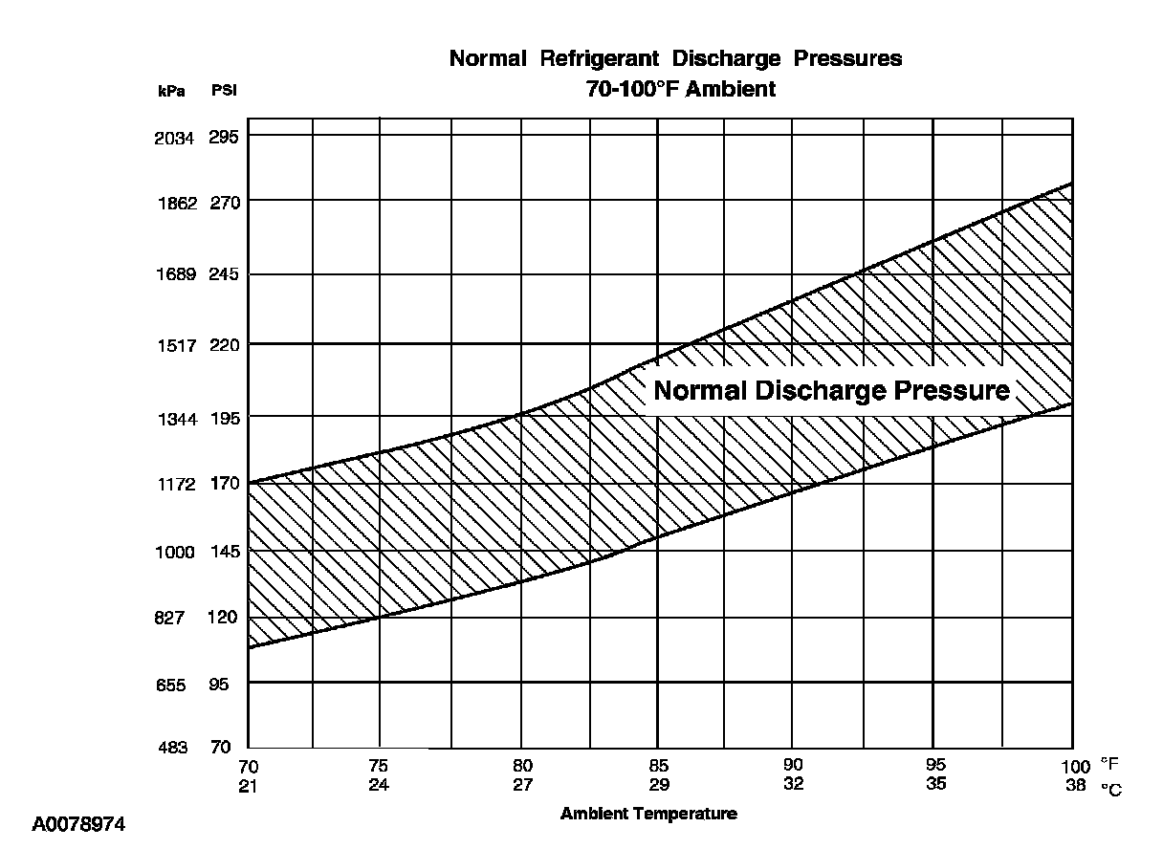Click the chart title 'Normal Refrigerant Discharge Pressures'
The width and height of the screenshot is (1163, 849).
click(x=675, y=58)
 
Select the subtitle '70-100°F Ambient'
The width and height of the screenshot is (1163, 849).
click(x=680, y=90)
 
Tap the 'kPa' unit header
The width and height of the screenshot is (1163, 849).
click(x=171, y=91)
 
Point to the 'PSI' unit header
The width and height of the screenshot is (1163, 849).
click(x=224, y=91)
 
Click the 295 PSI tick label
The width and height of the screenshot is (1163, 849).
click(x=224, y=137)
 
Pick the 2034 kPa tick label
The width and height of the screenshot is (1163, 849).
click(x=174, y=137)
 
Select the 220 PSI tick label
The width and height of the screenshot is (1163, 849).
click(x=224, y=344)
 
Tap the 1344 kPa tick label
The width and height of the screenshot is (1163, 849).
click(x=174, y=418)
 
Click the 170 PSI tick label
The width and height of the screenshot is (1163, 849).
click(x=224, y=484)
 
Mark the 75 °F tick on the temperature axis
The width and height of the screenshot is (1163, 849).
click(x=380, y=765)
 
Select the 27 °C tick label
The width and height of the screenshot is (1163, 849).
click(x=521, y=784)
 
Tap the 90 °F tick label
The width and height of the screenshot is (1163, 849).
click(x=793, y=765)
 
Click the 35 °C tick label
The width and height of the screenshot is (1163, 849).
click(x=935, y=784)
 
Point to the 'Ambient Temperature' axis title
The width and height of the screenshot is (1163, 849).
click(x=648, y=814)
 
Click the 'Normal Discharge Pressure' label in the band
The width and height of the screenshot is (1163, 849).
click(x=831, y=391)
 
